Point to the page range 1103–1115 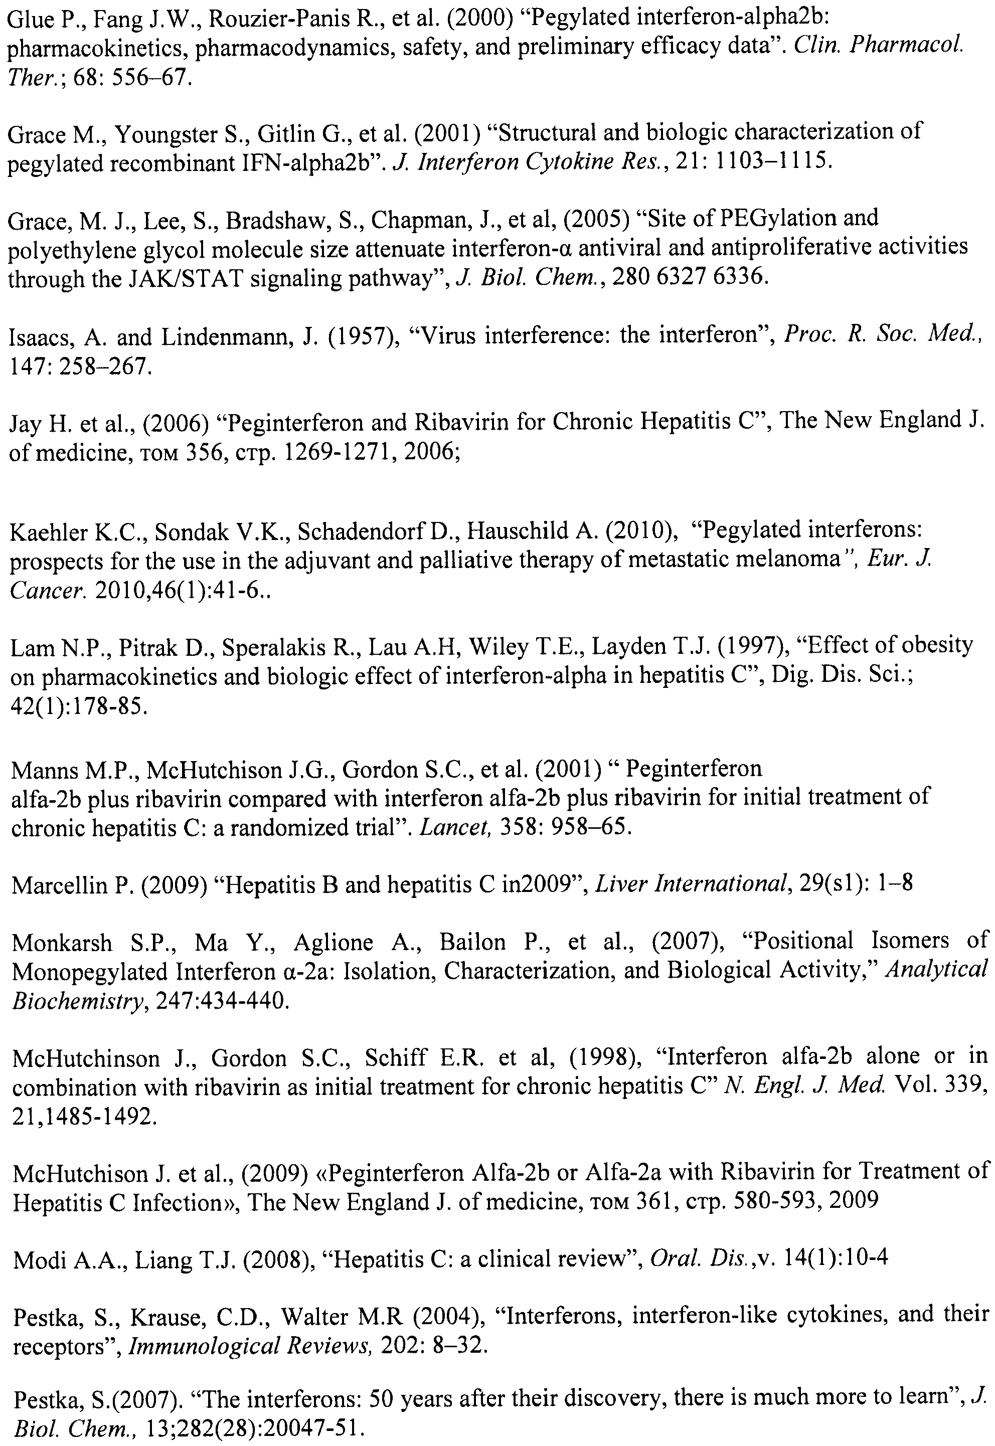(772, 162)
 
